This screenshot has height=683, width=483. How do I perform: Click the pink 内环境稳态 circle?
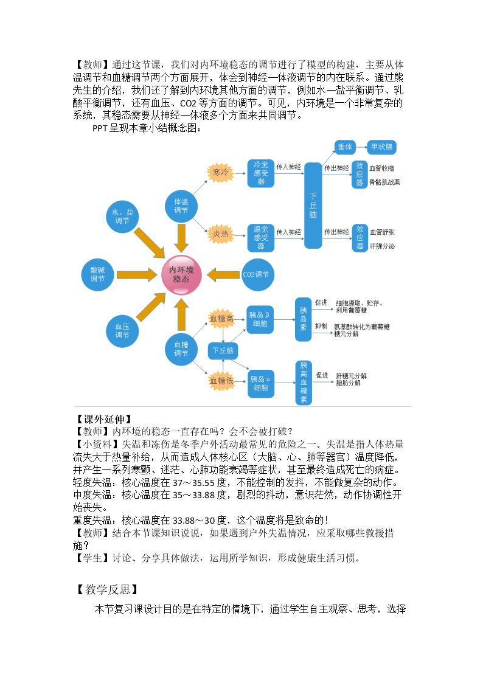pos(181,275)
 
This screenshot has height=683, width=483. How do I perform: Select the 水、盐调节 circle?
pos(122,217)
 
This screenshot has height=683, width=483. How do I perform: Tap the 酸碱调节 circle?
pos(97,274)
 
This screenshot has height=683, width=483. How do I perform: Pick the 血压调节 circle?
pos(122,331)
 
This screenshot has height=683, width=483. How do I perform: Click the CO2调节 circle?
pos(257,274)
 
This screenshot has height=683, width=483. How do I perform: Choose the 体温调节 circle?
pos(181,206)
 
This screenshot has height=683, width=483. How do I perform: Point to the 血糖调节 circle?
pos(181,349)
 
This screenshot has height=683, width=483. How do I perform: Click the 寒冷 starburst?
pos(220,173)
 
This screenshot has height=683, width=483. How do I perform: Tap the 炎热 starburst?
pos(220,234)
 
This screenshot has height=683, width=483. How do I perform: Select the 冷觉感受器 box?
pos(261,173)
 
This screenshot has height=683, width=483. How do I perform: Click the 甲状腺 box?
pos(381,147)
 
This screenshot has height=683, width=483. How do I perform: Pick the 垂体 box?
pos(345,147)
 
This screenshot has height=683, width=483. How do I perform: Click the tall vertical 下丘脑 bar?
pos(313,205)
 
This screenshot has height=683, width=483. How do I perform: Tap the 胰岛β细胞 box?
pos(260,320)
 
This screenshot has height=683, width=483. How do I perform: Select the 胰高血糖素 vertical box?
pos(304,383)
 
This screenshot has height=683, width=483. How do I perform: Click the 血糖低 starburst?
pos(221,381)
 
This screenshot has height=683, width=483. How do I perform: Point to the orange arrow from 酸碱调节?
pos(137,274)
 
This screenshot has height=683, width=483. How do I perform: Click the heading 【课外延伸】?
pos(103,419)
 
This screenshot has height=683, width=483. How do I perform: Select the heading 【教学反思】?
pos(107,589)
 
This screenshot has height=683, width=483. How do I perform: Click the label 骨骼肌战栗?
pos(385,182)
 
